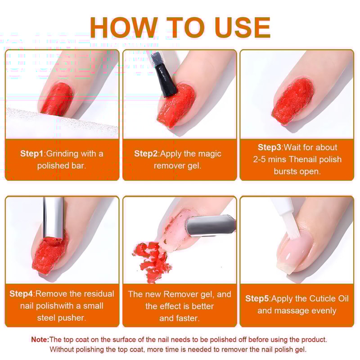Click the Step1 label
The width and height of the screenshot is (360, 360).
[32, 153]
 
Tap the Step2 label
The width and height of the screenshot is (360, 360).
[146, 153]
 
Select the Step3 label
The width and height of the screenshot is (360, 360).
[269, 147]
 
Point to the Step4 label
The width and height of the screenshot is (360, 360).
[21, 294]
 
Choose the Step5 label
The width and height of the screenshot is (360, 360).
[257, 298]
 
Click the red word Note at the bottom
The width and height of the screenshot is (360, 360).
[40, 340]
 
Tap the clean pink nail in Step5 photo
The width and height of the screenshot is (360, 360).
[297, 250]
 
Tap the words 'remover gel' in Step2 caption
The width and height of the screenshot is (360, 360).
[177, 166]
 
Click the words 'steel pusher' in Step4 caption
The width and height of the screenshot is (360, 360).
[62, 318]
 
